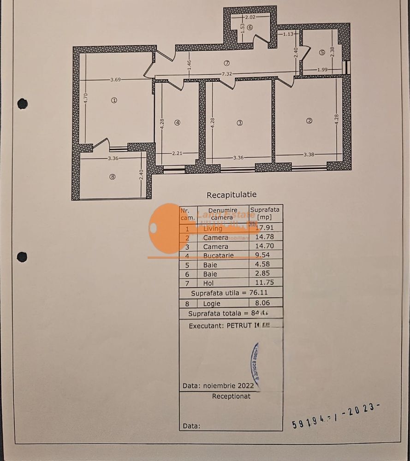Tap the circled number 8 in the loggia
113,176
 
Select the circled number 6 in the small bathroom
250,27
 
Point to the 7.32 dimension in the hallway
226,74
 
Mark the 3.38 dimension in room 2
309,154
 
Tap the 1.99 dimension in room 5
322,70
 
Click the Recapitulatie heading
231,195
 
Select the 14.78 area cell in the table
265,237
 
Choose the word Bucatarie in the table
219,255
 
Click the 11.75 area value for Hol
265,283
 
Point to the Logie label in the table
212,303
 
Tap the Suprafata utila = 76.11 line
230,293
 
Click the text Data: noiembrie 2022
219,385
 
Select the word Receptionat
231,396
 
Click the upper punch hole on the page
23,104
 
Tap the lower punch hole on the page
22,257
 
